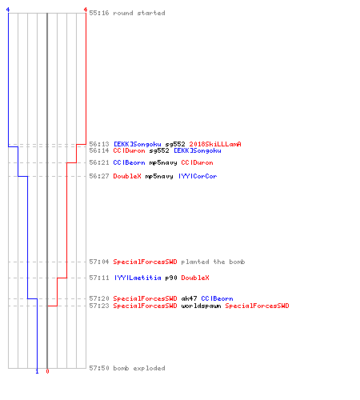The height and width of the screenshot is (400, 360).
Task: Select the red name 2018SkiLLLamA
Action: tap(215, 144)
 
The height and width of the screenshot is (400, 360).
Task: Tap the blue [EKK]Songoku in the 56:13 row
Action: tap(138, 144)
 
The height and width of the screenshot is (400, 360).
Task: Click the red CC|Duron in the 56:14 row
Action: tap(129, 150)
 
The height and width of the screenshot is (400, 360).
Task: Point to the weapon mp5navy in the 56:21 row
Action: tap(163, 162)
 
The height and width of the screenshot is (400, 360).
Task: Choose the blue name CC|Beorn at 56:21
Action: tap(129, 162)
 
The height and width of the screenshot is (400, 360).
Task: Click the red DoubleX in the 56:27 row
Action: tap(127, 176)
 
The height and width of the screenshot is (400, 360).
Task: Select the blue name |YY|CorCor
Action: tap(198, 176)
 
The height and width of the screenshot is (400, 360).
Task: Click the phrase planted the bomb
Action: tap(213, 262)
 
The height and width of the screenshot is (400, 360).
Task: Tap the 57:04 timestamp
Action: tap(99, 262)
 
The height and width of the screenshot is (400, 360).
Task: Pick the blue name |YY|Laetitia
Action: tap(138, 278)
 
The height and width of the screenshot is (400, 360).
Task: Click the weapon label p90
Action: tap(171, 278)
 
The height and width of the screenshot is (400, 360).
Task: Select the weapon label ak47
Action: tap(189, 298)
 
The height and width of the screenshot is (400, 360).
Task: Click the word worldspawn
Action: tap(201, 306)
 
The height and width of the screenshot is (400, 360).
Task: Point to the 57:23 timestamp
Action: tap(99, 306)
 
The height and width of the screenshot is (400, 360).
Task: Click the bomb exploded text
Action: tap(139, 368)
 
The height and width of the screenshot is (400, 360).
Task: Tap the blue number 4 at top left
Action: tap(8, 10)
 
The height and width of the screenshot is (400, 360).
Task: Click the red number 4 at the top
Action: tap(86, 10)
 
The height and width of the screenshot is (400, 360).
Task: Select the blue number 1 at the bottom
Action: tap(37, 371)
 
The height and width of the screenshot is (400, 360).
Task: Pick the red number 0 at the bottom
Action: tap(47, 371)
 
